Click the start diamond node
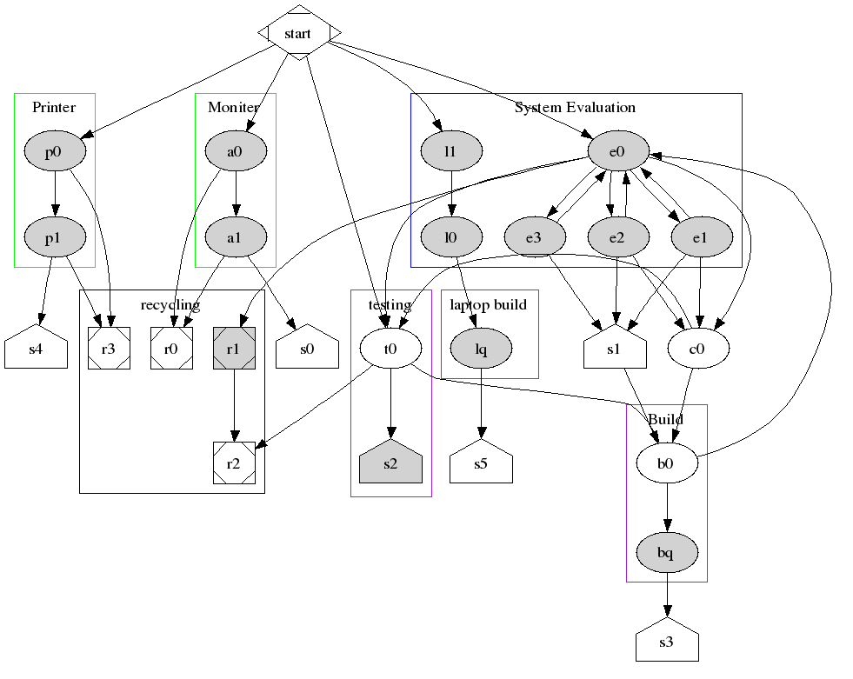298,33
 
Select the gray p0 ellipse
54,152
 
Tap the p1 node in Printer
54,236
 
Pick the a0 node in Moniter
235,152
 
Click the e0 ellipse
617,152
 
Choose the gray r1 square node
234,349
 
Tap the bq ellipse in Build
666,552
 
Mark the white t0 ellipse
390,349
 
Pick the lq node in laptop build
481,349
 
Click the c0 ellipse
698,349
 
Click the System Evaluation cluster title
575,108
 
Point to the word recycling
170,304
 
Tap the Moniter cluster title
233,108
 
